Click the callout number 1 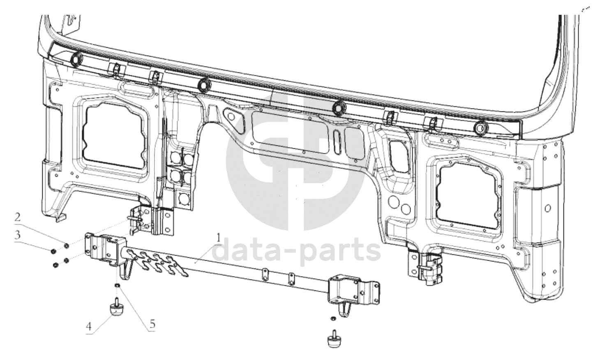[x=218, y=238]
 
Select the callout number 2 [x=18, y=217]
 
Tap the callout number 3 [x=18, y=235]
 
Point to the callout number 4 [x=89, y=327]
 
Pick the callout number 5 [x=152, y=324]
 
